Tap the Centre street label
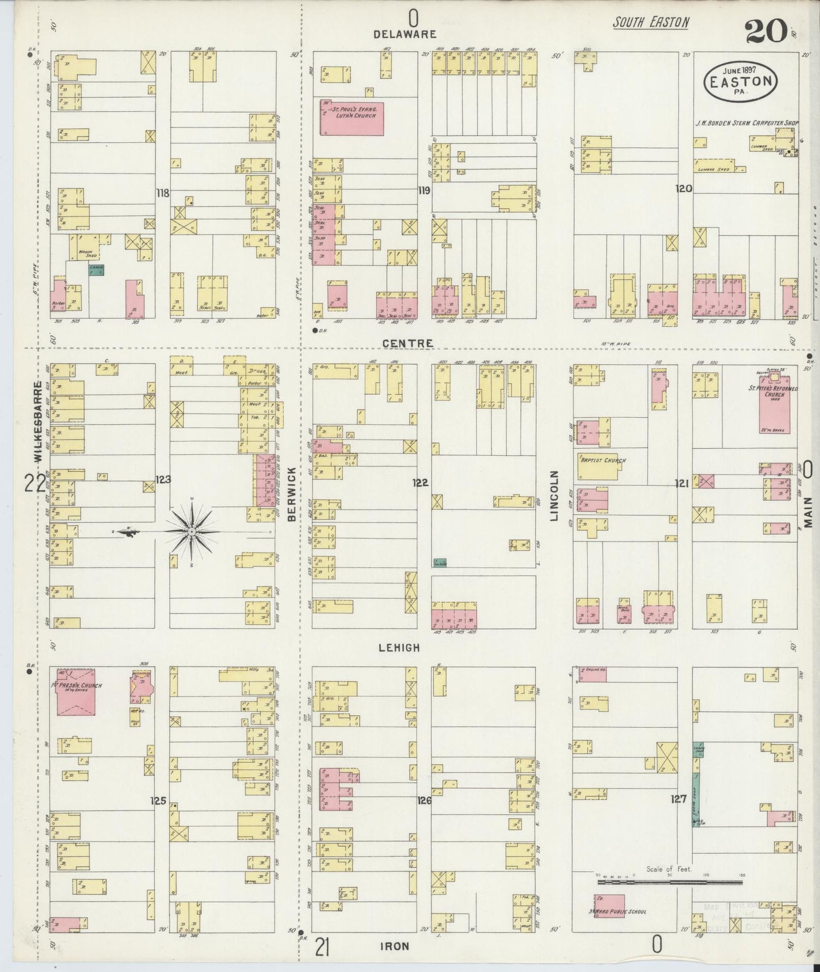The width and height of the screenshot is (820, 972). pyautogui.click(x=407, y=344)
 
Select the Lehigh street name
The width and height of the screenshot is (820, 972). pyautogui.click(x=401, y=648)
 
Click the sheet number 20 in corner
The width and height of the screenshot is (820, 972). pyautogui.click(x=766, y=31)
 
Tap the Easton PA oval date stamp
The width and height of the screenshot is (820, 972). pyautogui.click(x=740, y=81)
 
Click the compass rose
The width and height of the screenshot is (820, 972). pyautogui.click(x=191, y=531)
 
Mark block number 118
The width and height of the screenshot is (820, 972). pyautogui.click(x=163, y=193)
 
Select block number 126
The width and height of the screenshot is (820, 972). pyautogui.click(x=424, y=801)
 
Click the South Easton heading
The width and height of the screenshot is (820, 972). pyautogui.click(x=651, y=23)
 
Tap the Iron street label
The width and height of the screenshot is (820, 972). pyautogui.click(x=394, y=946)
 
